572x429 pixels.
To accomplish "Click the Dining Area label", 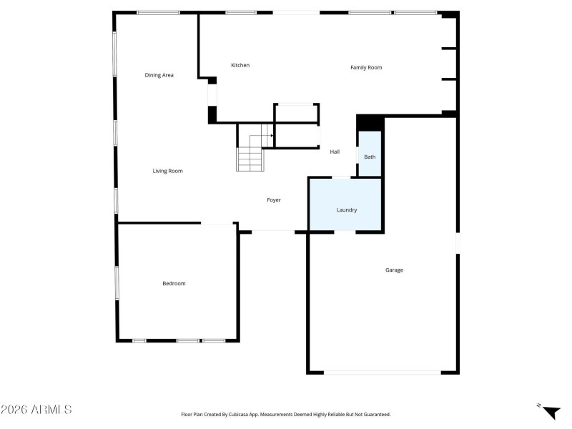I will [159, 75].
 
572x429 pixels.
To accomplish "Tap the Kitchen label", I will [240, 65].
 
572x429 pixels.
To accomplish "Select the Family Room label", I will [366, 68].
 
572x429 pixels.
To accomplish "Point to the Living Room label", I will [168, 171].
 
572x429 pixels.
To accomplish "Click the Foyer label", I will [274, 200].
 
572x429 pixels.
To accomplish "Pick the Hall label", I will [335, 152].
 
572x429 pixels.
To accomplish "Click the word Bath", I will [370, 157].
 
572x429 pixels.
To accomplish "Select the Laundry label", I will [347, 210].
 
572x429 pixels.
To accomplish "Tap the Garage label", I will [395, 270].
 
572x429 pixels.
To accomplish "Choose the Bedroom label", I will [174, 284].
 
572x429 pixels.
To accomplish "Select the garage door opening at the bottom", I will [383, 372].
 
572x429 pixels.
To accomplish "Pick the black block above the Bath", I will [370, 123].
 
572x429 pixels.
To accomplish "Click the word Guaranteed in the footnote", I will [375, 414].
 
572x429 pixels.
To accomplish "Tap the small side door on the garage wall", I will [458, 243].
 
